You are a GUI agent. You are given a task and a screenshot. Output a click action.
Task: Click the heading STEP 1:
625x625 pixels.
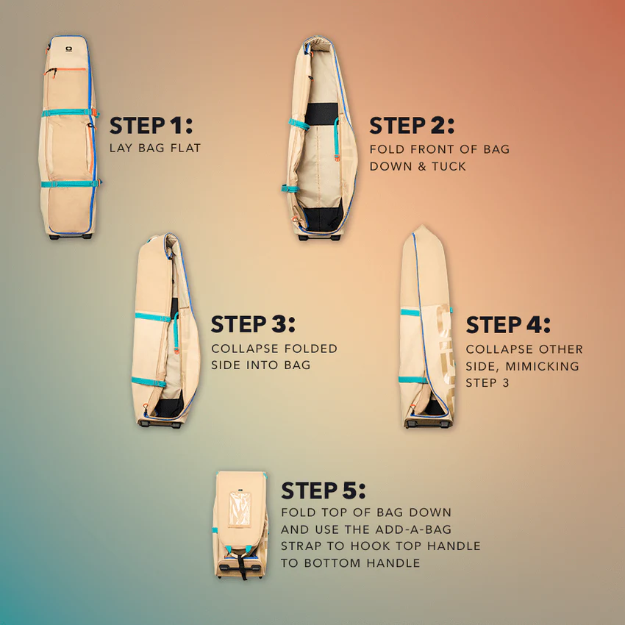(x=151, y=126)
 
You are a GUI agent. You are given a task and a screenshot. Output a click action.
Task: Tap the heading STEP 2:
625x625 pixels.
(x=412, y=126)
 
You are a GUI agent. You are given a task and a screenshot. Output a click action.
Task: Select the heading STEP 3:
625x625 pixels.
(x=253, y=324)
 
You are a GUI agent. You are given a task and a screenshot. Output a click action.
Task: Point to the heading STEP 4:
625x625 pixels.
(x=508, y=324)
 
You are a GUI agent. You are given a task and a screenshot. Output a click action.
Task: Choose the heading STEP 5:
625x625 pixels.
(x=324, y=490)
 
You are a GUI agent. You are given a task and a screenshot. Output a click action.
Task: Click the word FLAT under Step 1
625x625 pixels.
(x=185, y=149)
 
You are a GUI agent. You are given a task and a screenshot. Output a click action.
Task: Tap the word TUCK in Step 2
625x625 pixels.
(x=449, y=166)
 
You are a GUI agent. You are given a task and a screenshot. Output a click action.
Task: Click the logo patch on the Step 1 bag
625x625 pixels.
(x=68, y=49)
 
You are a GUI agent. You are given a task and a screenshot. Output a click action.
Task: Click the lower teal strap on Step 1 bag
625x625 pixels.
(x=71, y=184)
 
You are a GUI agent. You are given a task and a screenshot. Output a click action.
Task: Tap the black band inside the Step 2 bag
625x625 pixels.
(x=321, y=113)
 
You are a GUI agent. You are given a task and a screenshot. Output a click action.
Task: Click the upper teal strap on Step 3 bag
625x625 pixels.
(x=153, y=318)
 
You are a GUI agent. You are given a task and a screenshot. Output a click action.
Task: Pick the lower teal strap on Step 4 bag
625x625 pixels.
(x=413, y=380)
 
